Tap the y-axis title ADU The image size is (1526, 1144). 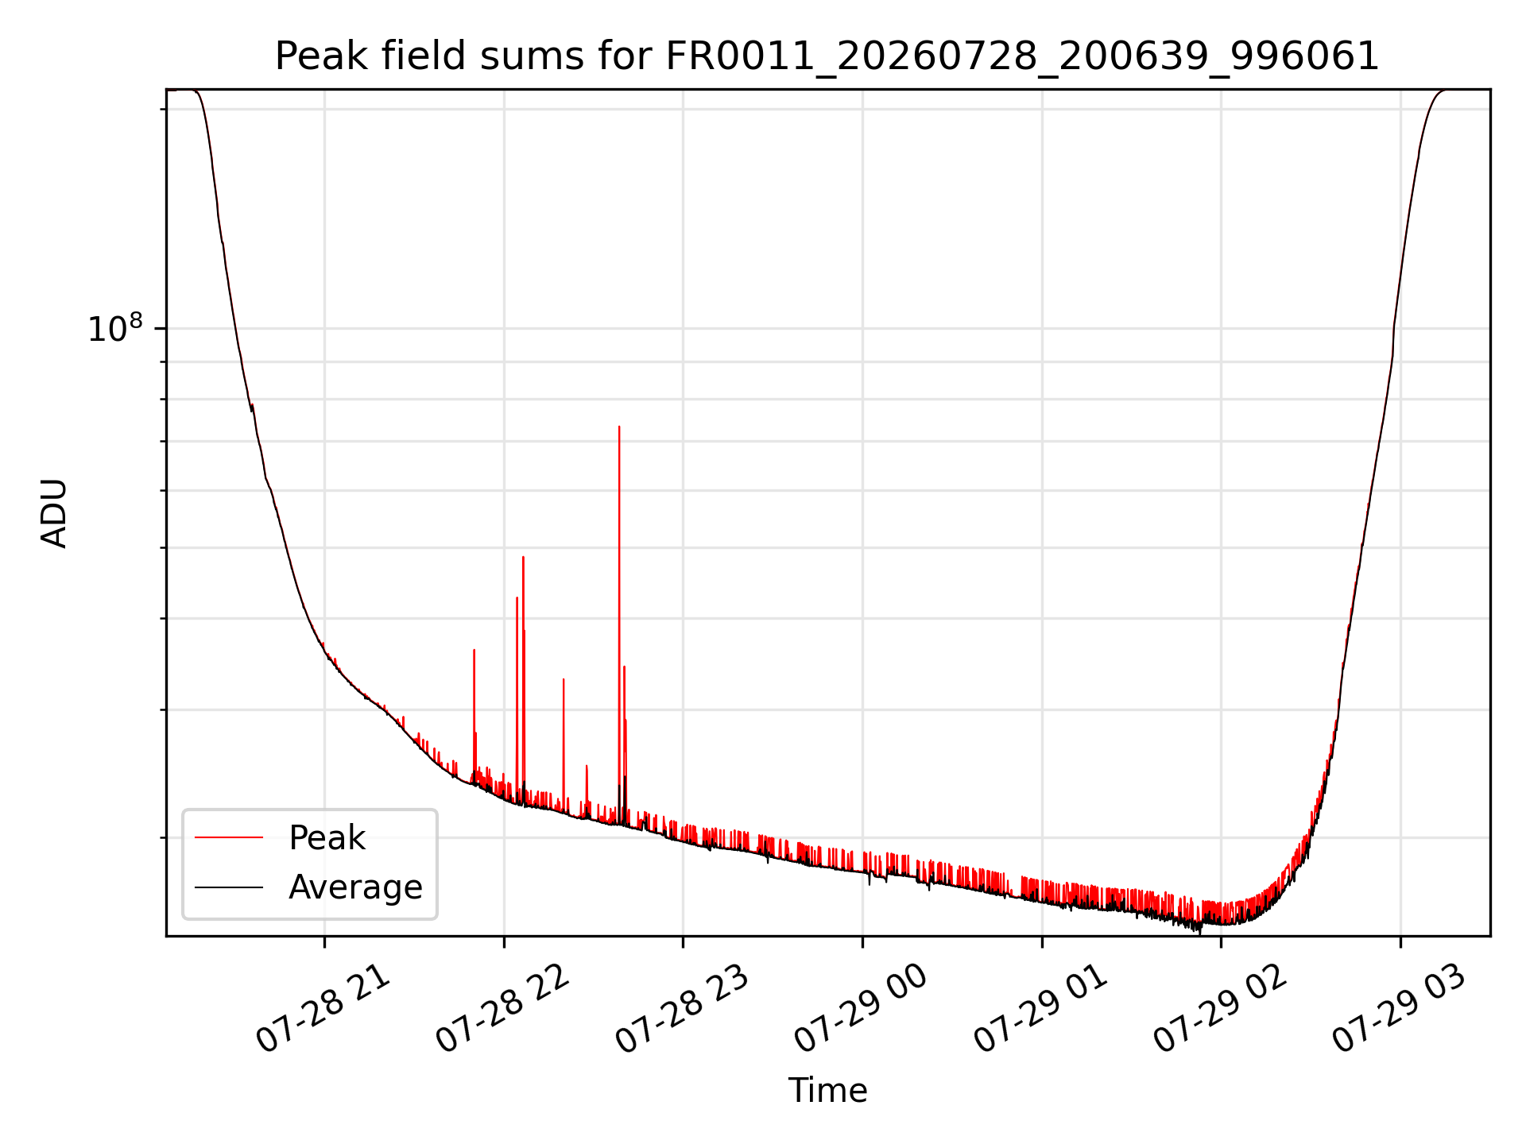pyautogui.click(x=54, y=513)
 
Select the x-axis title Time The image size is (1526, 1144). pyautogui.click(x=827, y=1090)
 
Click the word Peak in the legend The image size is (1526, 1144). pyautogui.click(x=327, y=837)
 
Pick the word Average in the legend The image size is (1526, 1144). pyautogui.click(x=355, y=887)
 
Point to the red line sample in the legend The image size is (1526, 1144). pyautogui.click(x=229, y=837)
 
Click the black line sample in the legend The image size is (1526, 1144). pyautogui.click(x=229, y=887)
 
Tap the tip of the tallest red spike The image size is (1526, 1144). pyautogui.click(x=619, y=427)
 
